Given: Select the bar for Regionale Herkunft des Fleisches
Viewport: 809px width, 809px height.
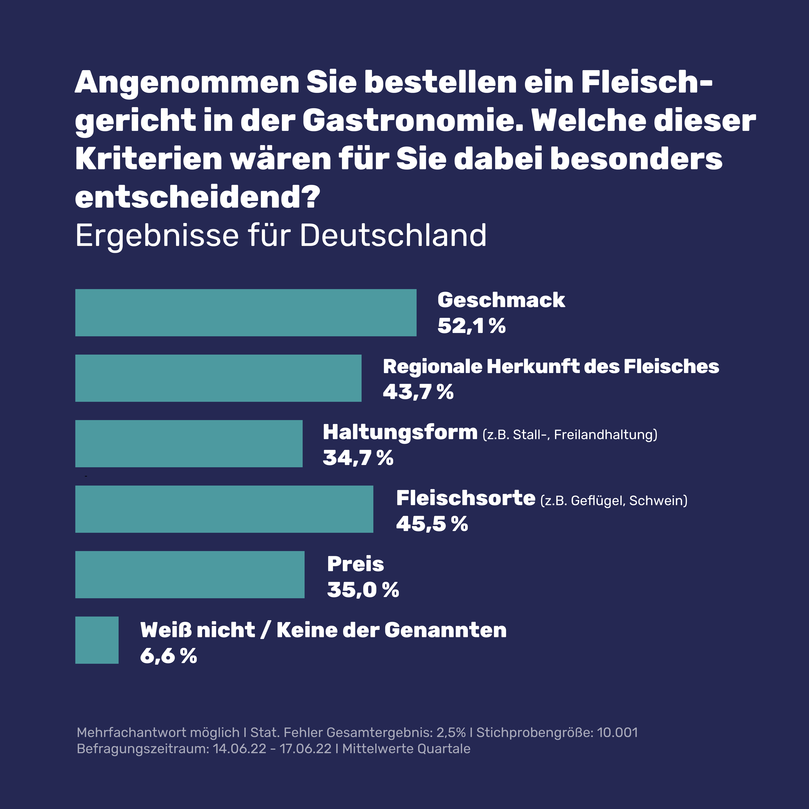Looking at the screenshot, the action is [x=218, y=378].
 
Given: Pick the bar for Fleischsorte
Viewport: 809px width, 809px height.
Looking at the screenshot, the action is [x=224, y=509].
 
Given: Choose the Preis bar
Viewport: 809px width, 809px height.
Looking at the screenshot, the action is [x=190, y=575].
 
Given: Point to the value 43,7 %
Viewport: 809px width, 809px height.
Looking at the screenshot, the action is [x=418, y=392].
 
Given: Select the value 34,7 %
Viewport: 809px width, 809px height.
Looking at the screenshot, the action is [x=358, y=458].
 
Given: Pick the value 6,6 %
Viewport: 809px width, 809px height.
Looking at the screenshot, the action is [x=168, y=655].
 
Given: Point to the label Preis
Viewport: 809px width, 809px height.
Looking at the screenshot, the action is [x=355, y=564].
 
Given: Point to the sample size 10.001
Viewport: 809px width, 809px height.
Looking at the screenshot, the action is [x=617, y=732].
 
